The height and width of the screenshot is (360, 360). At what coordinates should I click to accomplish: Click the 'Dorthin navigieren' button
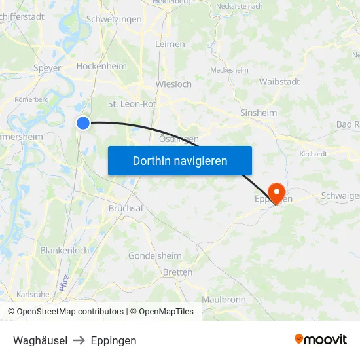tap(180, 160)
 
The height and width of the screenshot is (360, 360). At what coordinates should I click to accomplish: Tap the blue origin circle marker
tap(83, 122)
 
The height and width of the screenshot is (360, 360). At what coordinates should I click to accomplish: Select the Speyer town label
tap(47, 68)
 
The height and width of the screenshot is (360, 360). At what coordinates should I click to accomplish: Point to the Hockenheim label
tap(101, 66)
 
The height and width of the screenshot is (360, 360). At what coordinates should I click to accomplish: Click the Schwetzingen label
tap(114, 20)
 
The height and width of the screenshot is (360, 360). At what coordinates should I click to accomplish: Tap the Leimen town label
tap(170, 44)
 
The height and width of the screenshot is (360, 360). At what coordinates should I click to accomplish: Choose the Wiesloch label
tap(173, 84)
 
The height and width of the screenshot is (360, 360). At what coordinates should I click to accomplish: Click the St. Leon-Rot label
tap(132, 103)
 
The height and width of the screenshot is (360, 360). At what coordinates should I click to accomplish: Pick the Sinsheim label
tap(259, 113)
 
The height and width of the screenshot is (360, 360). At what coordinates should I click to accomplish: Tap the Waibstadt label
tap(279, 81)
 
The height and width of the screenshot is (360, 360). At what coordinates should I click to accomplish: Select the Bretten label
tap(177, 272)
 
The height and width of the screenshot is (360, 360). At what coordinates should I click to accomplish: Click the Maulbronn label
tap(223, 299)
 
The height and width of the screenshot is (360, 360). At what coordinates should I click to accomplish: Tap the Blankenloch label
tap(64, 251)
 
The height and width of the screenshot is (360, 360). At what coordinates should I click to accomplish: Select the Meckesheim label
tap(229, 70)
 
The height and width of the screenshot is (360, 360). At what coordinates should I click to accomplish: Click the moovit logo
tap(321, 339)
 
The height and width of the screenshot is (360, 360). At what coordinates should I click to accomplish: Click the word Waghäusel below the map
tap(40, 340)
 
